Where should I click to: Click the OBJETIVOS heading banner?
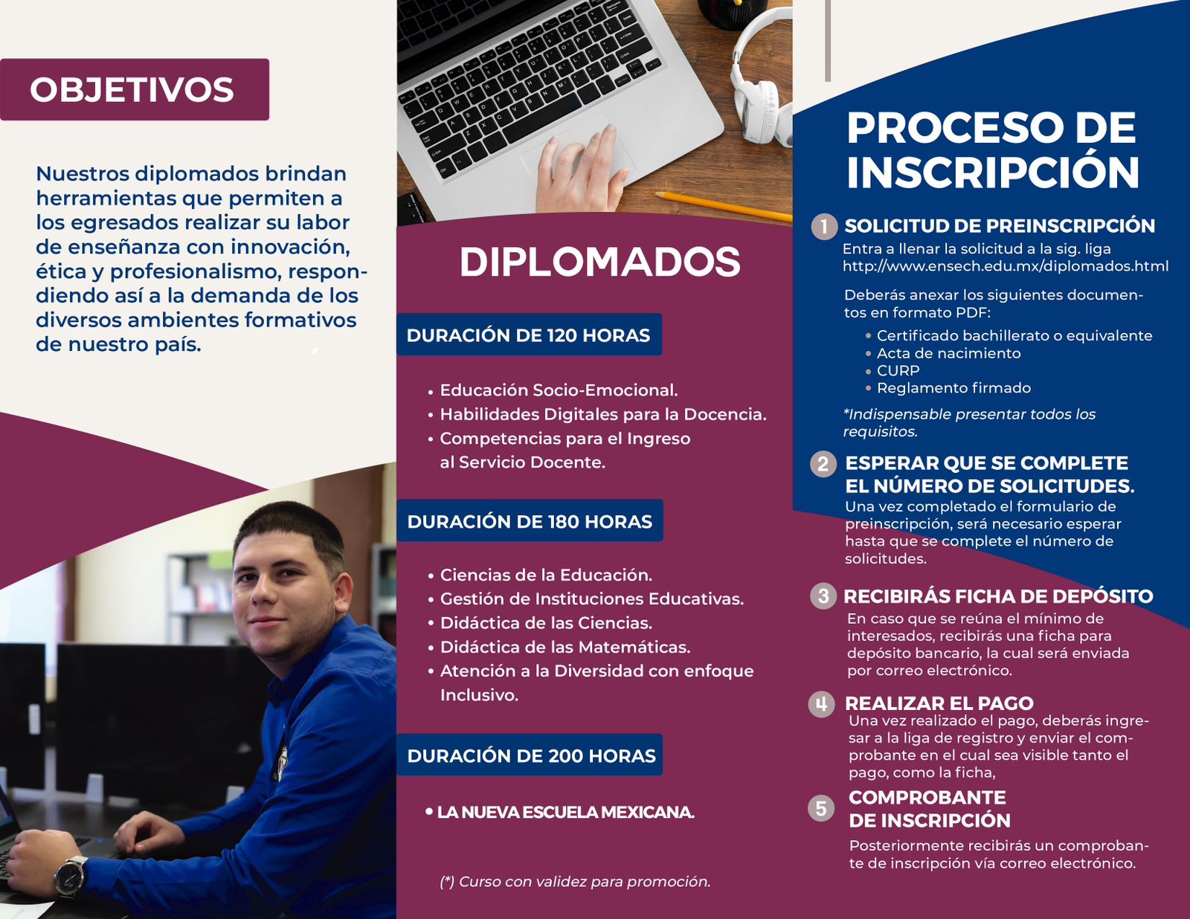(134, 89)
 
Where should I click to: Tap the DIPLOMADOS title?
(599, 262)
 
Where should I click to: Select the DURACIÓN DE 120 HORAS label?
(529, 335)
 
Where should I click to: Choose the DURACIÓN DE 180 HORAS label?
(530, 521)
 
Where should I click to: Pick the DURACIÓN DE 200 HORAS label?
(530, 755)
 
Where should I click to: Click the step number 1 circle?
(824, 226)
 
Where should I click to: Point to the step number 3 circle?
(823, 596)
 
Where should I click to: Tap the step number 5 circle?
(821, 808)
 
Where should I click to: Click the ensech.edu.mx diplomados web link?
(1006, 267)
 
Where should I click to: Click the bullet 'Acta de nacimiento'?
(943, 353)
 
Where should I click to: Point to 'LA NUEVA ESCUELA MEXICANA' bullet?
(560, 812)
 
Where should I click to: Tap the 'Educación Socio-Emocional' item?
(553, 390)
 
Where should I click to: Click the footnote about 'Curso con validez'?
(575, 882)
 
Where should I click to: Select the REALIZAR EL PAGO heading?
(939, 703)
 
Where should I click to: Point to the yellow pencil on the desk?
(723, 207)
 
